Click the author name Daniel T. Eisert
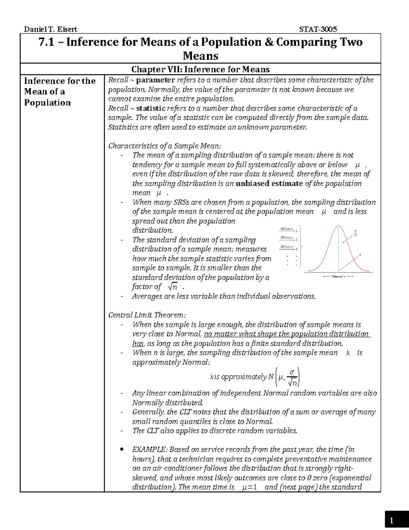(x=50, y=29)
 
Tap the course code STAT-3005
(x=318, y=29)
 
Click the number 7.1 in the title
(x=46, y=42)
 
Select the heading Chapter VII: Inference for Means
(x=200, y=69)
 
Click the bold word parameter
(x=155, y=80)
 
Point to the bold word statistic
(x=151, y=109)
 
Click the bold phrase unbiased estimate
(x=269, y=184)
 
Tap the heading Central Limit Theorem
(x=147, y=315)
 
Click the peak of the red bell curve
(x=338, y=226)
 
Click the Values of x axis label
(x=338, y=276)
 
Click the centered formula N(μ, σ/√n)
(x=255, y=377)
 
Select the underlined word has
(x=138, y=344)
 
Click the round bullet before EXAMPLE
(x=122, y=449)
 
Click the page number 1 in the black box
(x=391, y=520)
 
